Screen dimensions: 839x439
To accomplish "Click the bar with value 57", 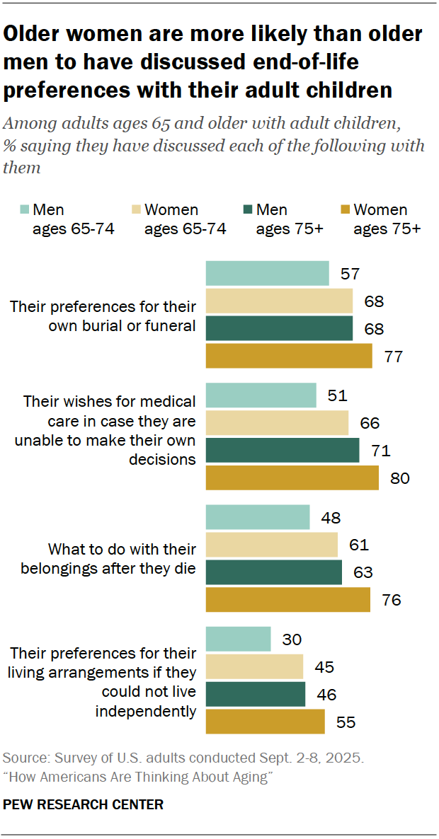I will [x=267, y=273].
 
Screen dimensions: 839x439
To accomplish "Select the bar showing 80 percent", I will [x=292, y=478].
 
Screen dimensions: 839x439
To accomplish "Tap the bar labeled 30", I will [x=238, y=639].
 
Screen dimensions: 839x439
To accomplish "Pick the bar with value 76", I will [x=287, y=599].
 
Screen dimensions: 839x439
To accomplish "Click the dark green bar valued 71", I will [x=282, y=451].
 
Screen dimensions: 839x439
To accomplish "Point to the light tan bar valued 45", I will [x=254, y=666].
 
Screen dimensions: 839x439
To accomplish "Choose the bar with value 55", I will [x=265, y=722].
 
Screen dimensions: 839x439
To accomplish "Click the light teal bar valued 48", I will [x=257, y=517].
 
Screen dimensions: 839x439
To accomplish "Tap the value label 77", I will [x=393, y=356].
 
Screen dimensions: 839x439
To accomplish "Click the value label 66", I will [x=370, y=424].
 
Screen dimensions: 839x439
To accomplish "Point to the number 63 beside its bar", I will [x=363, y=572].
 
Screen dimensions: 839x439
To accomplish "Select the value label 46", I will [x=326, y=694].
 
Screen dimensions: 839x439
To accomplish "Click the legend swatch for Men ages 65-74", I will [x=23, y=209].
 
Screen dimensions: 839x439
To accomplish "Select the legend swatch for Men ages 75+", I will [x=246, y=209].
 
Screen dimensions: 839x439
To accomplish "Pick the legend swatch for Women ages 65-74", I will [x=135, y=209].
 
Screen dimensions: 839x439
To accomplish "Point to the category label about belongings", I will [x=108, y=558].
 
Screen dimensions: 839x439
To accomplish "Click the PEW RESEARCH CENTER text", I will [x=84, y=804].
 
